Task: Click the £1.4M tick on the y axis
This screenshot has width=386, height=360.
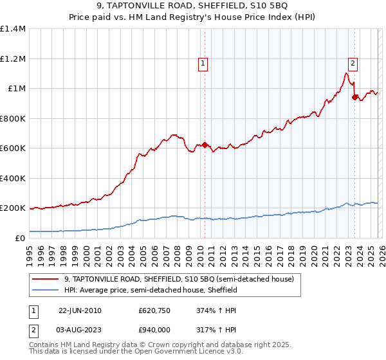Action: (x=13, y=29)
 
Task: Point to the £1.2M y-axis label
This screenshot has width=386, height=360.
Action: (x=13, y=59)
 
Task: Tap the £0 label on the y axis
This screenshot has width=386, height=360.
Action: (x=19, y=238)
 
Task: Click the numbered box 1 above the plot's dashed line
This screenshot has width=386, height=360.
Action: (x=203, y=63)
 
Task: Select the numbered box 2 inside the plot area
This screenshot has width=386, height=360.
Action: (x=353, y=63)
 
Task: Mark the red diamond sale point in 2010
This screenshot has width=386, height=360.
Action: (x=205, y=145)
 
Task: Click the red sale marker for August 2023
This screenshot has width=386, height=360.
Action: (x=354, y=98)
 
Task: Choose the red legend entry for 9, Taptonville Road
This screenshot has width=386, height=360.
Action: (x=179, y=279)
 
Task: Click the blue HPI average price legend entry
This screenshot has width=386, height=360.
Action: (x=151, y=290)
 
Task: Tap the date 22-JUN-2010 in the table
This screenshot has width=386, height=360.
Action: (x=80, y=310)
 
